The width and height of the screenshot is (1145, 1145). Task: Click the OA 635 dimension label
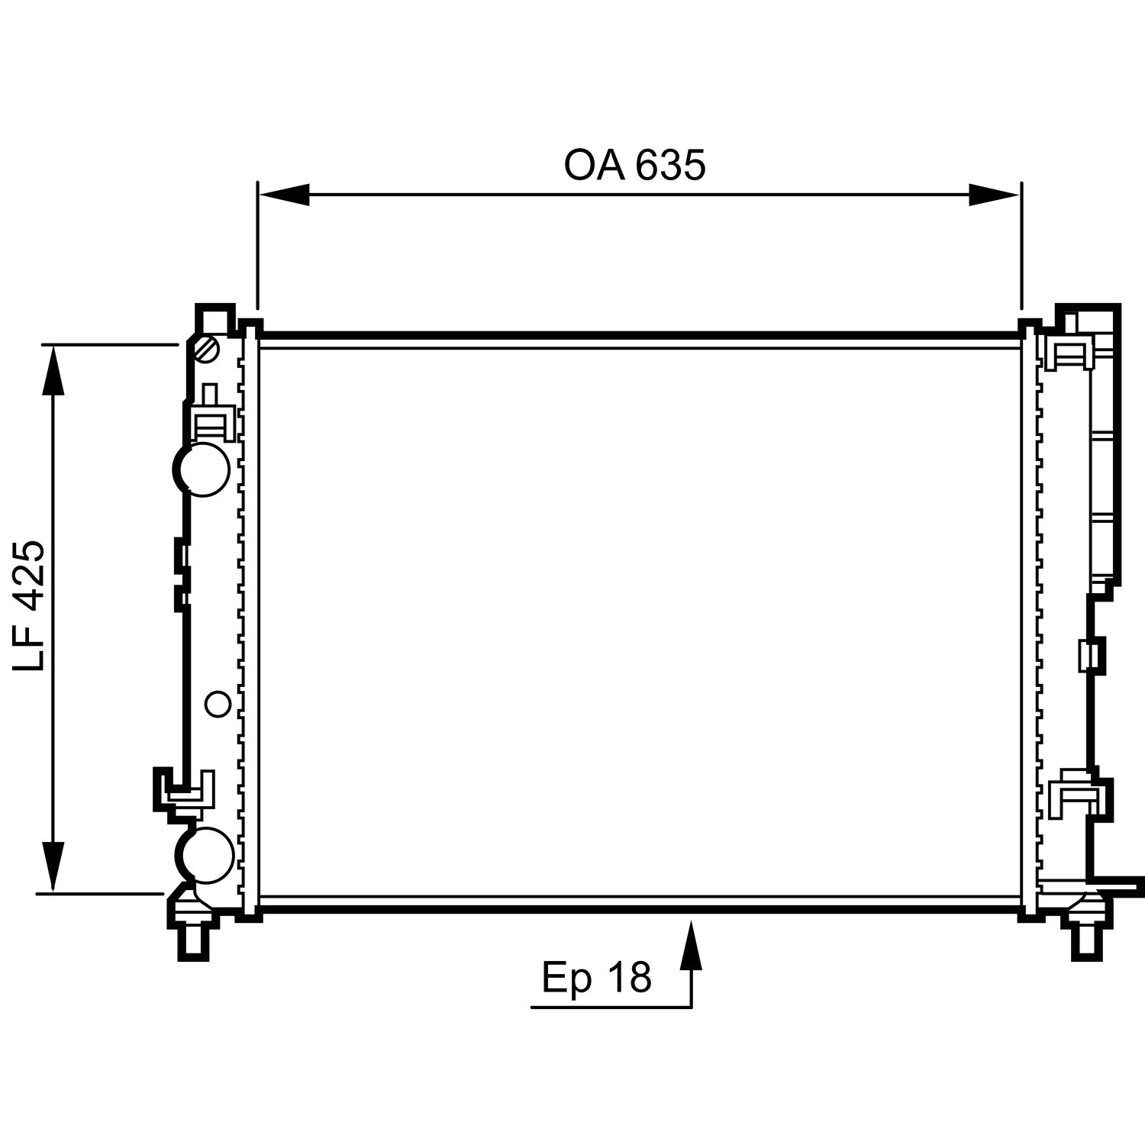coord(635,166)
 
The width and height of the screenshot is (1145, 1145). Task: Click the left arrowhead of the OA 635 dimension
coord(284,195)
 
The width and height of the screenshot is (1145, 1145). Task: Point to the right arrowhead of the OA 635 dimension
coord(994,195)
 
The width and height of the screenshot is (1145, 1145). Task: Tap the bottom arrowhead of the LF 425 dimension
coord(53,866)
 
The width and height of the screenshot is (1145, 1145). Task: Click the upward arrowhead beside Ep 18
coord(691,945)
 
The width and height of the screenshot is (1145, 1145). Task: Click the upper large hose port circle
coord(202,469)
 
